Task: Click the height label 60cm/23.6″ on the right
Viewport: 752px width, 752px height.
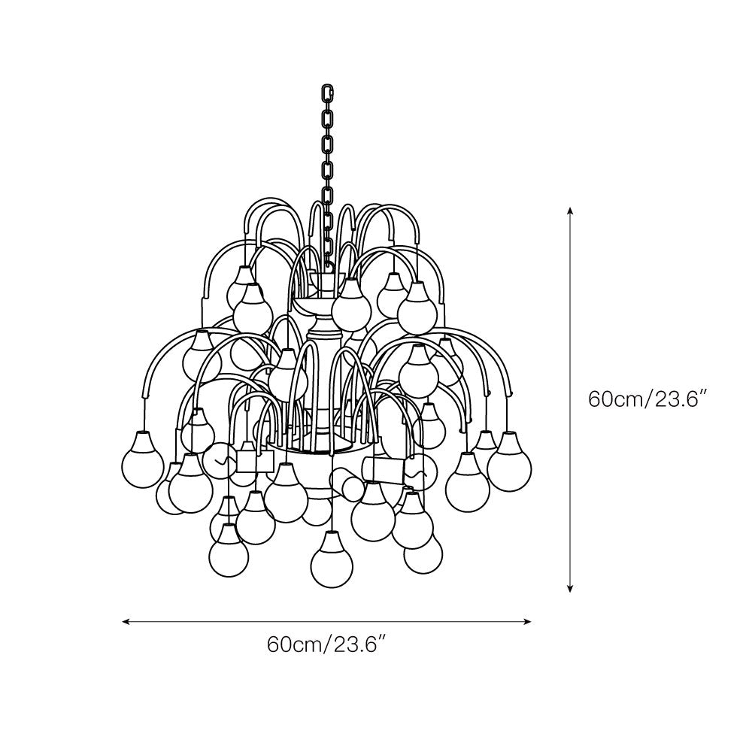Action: [649, 399]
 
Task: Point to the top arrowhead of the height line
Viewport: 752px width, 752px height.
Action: [571, 211]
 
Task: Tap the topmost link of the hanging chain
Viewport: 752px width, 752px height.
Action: [327, 94]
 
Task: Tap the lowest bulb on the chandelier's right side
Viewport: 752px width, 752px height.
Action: [423, 553]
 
